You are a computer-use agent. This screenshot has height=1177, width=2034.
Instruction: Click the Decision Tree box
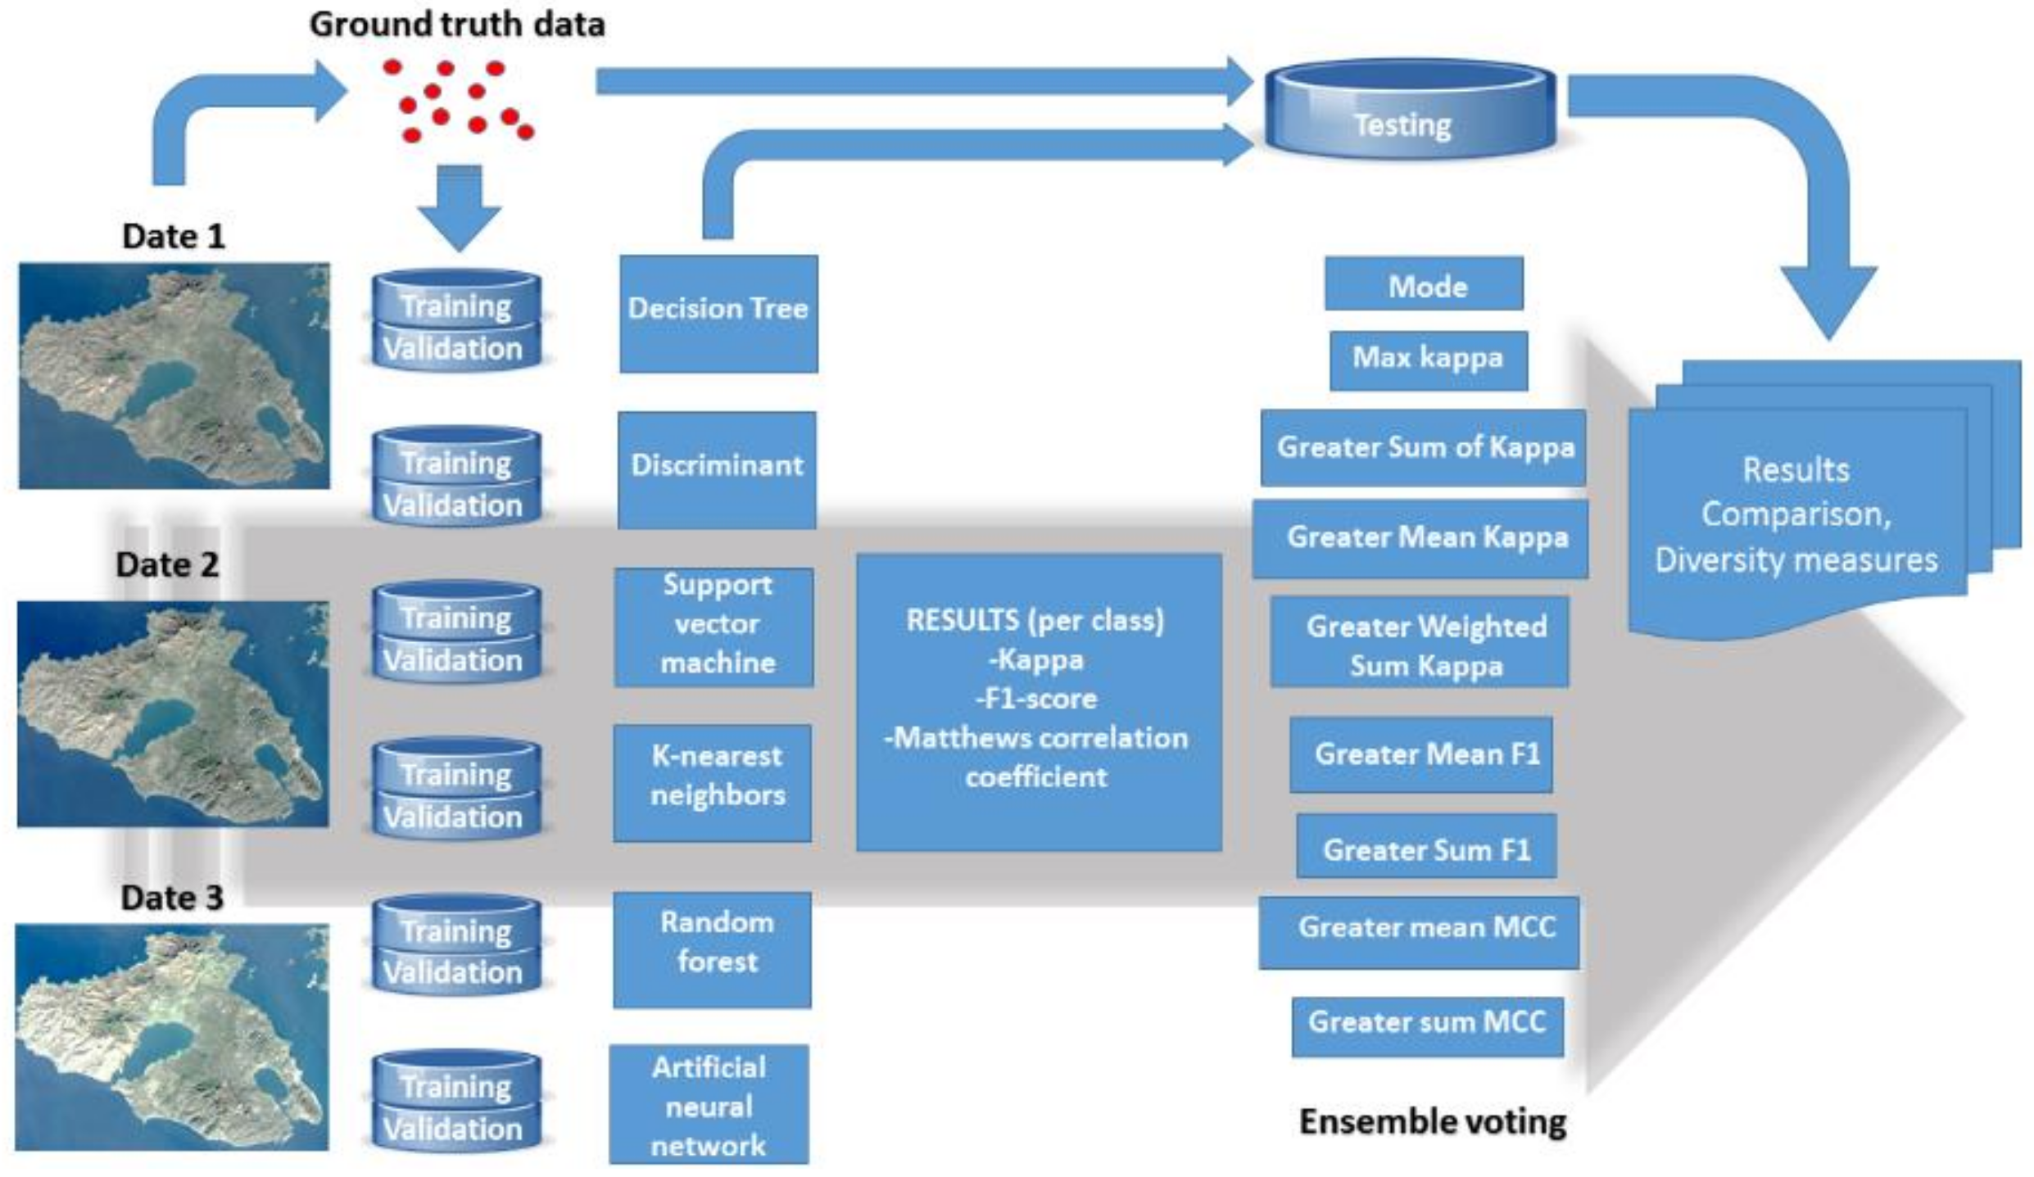pos(718,314)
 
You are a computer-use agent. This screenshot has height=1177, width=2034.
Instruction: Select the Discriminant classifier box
pos(717,469)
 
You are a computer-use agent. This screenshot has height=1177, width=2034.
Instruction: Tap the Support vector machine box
pos(714,627)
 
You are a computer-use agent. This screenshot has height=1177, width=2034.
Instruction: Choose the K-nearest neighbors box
pos(713,782)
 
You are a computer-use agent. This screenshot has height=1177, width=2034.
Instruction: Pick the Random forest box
pos(713,948)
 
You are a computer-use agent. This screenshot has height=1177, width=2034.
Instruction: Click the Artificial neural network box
pos(709,1104)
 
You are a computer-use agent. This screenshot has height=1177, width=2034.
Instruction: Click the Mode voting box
pos(1424,284)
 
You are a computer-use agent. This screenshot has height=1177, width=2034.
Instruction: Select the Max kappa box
pos(1428,360)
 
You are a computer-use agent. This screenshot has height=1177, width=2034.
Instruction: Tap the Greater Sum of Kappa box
pos(1423,447)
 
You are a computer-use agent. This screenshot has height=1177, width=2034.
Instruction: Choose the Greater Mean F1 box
pos(1421,754)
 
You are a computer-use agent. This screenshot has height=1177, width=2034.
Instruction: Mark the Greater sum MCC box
pos(1427,1025)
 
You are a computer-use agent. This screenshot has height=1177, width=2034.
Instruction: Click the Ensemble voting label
pos(1433,1121)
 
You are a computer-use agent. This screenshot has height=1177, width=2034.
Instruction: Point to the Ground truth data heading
pos(457,25)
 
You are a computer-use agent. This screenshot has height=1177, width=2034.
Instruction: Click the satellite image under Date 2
pos(173,713)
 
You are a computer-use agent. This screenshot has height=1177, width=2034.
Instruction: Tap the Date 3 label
pos(172,898)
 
